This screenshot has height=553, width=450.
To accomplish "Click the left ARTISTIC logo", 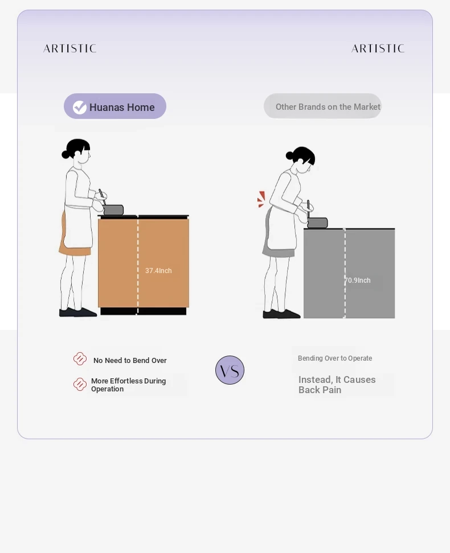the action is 69,48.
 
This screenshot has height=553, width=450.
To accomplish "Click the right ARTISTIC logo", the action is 378,48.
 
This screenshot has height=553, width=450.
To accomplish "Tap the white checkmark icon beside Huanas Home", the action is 80,107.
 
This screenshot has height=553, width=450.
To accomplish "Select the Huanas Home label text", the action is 122,107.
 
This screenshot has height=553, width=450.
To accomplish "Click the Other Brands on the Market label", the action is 328,107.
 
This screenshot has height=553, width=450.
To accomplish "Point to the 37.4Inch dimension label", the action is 158,270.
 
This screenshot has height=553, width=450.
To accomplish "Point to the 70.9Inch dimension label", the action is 358,280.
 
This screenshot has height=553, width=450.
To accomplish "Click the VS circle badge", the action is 230,370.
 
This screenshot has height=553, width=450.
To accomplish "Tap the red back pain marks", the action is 261,199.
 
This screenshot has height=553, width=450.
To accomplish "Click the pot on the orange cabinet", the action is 113,210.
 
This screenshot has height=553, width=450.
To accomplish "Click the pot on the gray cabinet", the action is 317,223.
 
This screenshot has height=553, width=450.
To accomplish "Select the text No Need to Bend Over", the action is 130,361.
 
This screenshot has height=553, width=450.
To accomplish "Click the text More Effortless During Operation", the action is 129,385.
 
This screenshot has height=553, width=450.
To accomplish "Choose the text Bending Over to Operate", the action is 335,358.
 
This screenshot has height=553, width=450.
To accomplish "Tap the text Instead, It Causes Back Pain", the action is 337,385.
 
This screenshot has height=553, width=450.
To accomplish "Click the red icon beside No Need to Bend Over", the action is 80,358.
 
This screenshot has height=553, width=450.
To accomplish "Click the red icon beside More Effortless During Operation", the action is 80,385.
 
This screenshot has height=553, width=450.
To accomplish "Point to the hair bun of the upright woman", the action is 66,154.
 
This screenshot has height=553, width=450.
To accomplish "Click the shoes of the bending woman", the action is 281,314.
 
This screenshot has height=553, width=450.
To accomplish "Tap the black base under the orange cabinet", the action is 144,311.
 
